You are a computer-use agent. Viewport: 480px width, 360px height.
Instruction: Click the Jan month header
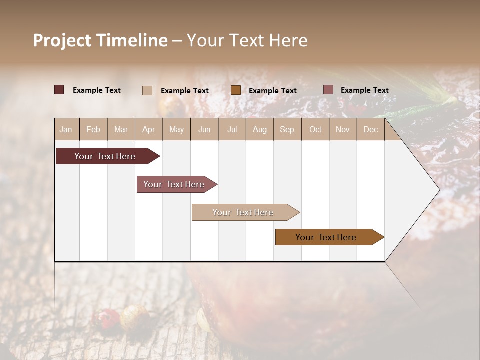tap(66, 129)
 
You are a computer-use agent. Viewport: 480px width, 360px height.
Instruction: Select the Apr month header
tap(149, 129)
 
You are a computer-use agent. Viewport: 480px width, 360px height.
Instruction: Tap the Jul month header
tap(232, 129)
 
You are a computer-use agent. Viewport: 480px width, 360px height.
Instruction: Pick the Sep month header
tap(287, 129)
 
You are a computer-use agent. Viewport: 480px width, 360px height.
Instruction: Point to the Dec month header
tap(370, 129)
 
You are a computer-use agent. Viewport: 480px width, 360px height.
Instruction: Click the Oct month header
tap(315, 129)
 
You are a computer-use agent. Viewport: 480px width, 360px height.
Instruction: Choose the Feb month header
tap(93, 129)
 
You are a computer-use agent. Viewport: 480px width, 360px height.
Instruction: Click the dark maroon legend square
tap(59, 90)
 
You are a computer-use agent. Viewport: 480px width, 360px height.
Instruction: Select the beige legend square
tap(147, 90)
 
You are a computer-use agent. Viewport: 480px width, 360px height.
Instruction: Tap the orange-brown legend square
tap(236, 90)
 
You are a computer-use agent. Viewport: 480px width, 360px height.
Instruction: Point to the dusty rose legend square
tap(328, 90)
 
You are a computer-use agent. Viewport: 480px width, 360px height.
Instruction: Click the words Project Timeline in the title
tap(100, 40)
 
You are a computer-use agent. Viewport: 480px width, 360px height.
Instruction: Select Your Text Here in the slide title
tap(247, 40)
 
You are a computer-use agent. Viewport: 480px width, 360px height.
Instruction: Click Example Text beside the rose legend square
tap(364, 90)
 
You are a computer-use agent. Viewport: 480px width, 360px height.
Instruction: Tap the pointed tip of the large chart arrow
tap(438, 190)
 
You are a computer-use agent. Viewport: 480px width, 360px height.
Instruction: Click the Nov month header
tap(342, 129)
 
